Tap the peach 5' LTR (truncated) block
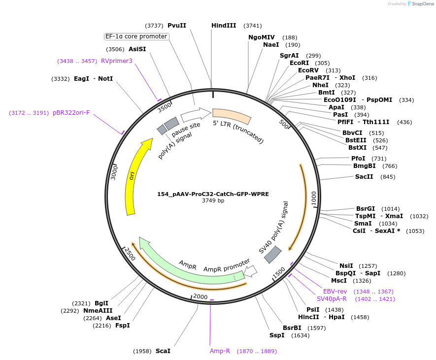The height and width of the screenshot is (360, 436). tap(232, 115)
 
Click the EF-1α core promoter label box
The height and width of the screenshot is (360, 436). tap(136, 36)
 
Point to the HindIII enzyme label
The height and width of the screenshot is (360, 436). tap(224, 26)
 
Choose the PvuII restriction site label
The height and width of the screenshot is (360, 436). tap(177, 26)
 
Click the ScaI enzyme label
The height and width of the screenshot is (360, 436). tap(163, 351)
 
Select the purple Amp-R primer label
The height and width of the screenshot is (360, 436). tap(220, 351)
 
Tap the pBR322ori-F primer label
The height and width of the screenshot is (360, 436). tap(71, 113)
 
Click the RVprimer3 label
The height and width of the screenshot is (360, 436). tap(116, 61)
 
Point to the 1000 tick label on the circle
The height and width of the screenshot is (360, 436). tap(314, 198)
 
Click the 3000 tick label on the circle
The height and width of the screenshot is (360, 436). tap(114, 172)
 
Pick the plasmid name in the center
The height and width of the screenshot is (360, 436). tap(213, 194)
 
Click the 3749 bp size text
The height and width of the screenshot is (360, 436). tap(213, 200)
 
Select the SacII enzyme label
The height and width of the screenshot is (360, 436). tap(364, 177)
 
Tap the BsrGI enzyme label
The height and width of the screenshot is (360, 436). tap(366, 209)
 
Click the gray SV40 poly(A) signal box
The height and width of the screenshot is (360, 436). tap(273, 254)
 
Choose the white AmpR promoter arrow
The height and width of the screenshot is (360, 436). tap(251, 271)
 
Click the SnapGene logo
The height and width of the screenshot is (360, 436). tap(420, 3)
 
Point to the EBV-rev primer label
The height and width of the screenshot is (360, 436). tap(335, 292)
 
